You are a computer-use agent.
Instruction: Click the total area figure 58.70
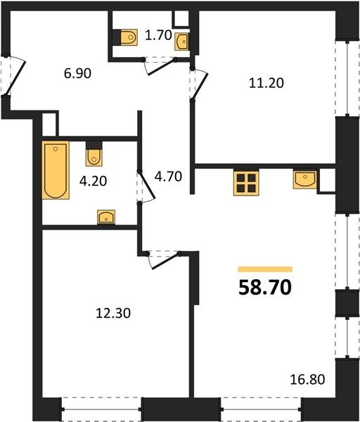[265, 287]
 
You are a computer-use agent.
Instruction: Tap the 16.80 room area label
[307, 380]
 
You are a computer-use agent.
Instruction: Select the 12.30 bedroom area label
[113, 313]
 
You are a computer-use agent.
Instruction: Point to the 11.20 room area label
[266, 82]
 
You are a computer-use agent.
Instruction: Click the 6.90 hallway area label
[77, 73]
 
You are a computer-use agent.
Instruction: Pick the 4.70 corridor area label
[169, 177]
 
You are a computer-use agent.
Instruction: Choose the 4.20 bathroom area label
[93, 181]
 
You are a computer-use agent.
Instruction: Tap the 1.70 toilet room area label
[158, 35]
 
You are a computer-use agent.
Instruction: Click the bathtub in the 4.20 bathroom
[56, 170]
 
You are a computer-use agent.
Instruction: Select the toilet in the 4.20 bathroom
[94, 154]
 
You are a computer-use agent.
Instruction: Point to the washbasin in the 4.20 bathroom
[106, 217]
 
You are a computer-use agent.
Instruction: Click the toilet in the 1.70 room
[125, 37]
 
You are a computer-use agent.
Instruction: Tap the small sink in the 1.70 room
[181, 41]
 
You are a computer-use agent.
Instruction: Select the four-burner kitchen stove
[246, 183]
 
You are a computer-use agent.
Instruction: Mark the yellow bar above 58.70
[265, 269]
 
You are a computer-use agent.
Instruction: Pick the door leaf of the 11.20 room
[200, 87]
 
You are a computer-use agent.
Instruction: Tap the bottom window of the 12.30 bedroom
[102, 409]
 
